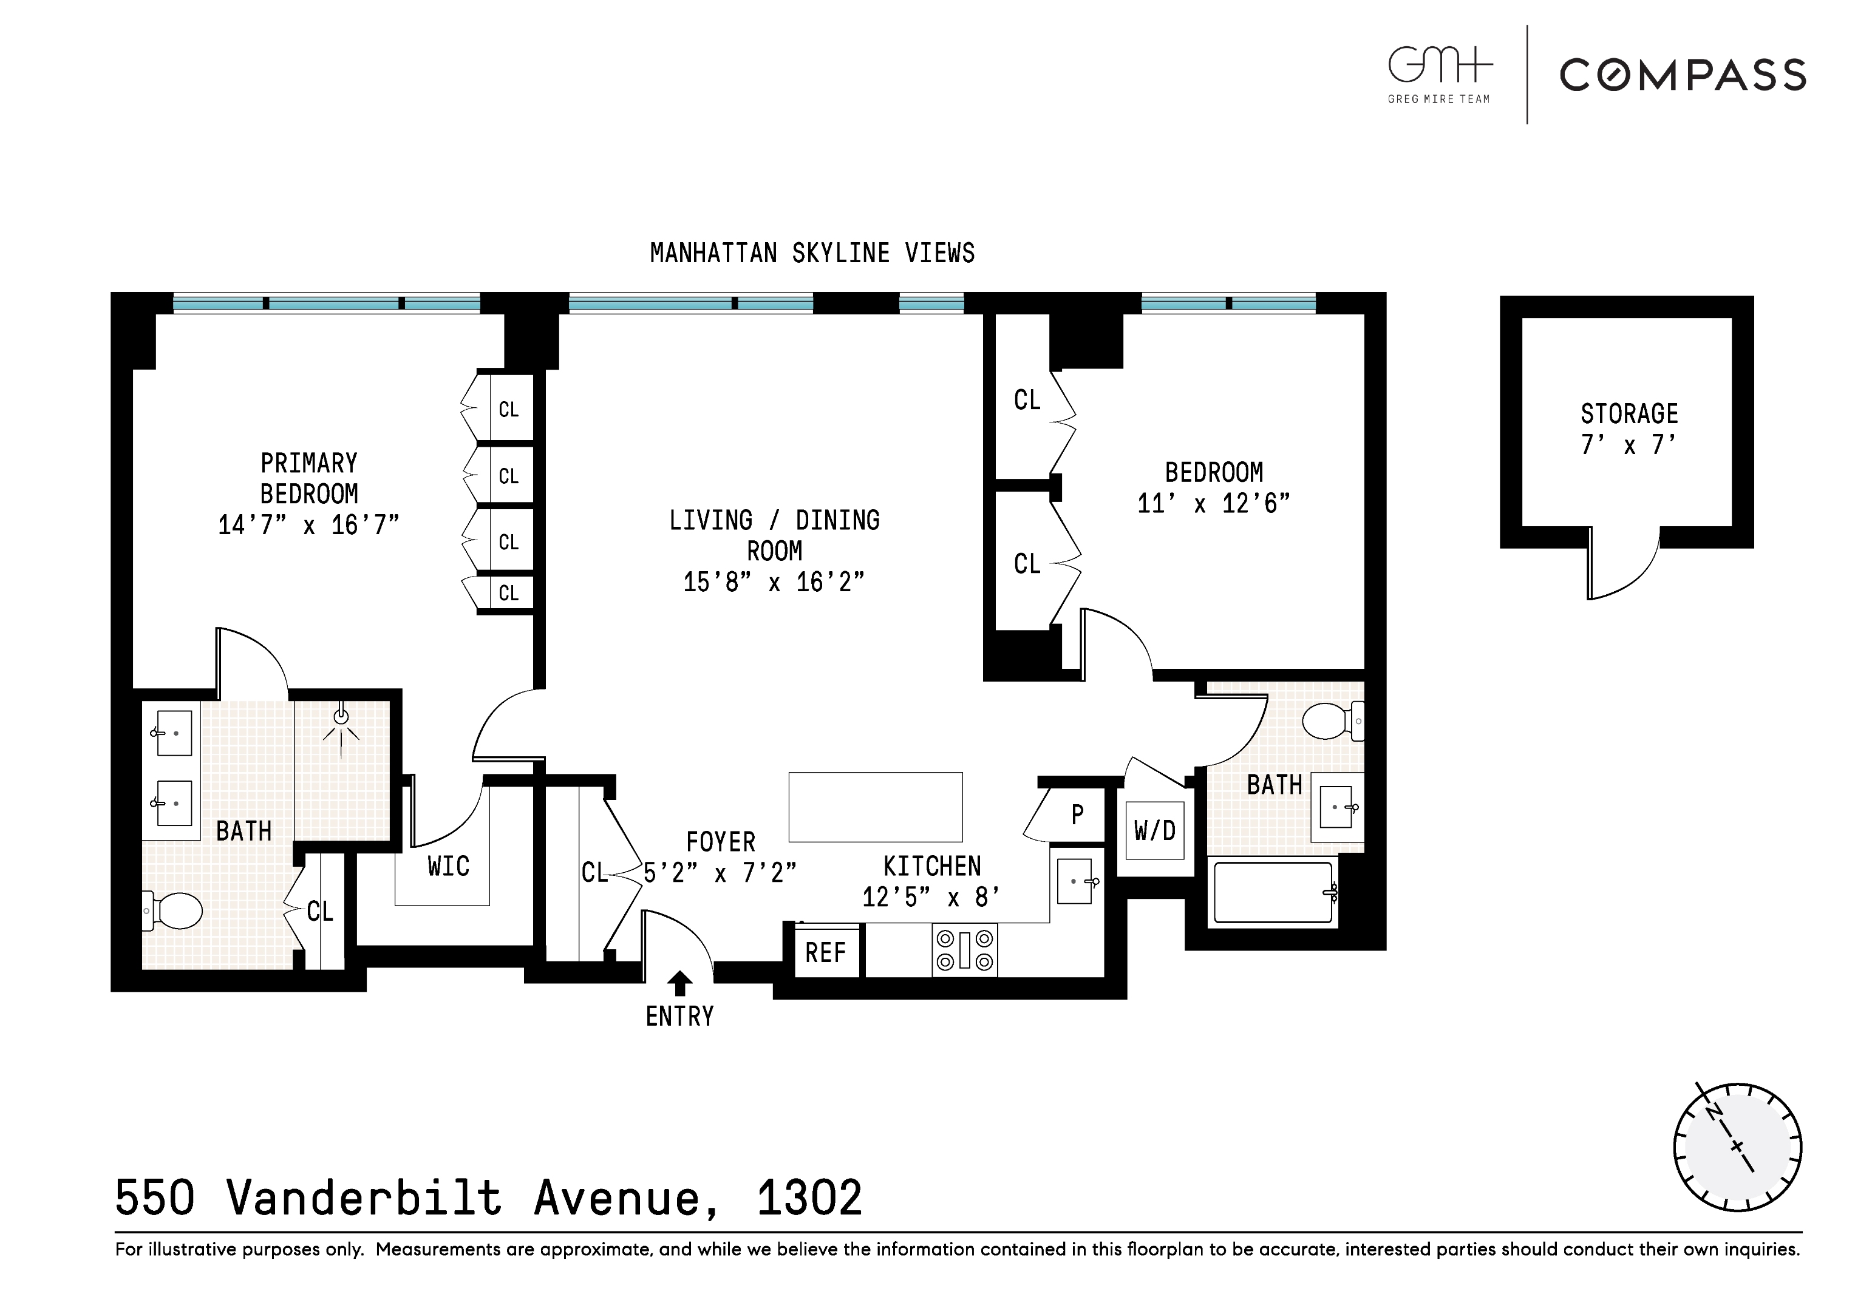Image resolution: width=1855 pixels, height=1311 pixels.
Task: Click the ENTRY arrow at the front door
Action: coord(680,983)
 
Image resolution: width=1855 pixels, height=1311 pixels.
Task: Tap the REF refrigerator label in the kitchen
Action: coord(825,953)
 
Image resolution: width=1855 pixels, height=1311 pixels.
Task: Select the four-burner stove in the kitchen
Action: coord(964,950)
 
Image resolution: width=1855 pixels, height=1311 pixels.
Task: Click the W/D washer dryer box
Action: coord(1154,830)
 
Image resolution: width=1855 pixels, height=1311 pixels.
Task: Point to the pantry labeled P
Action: coord(1077,815)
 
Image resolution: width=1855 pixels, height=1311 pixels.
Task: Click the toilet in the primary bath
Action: coord(174,911)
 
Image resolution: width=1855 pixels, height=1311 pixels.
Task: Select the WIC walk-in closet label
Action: coord(448,867)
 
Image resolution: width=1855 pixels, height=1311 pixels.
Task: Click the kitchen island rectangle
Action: coord(875,807)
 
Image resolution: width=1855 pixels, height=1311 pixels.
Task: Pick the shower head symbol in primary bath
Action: coord(341,716)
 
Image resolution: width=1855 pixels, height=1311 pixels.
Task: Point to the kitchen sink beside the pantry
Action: coord(1075,881)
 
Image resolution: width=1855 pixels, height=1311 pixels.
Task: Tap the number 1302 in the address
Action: coord(809,1198)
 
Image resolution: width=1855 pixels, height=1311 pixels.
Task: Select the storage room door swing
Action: coord(1622,566)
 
